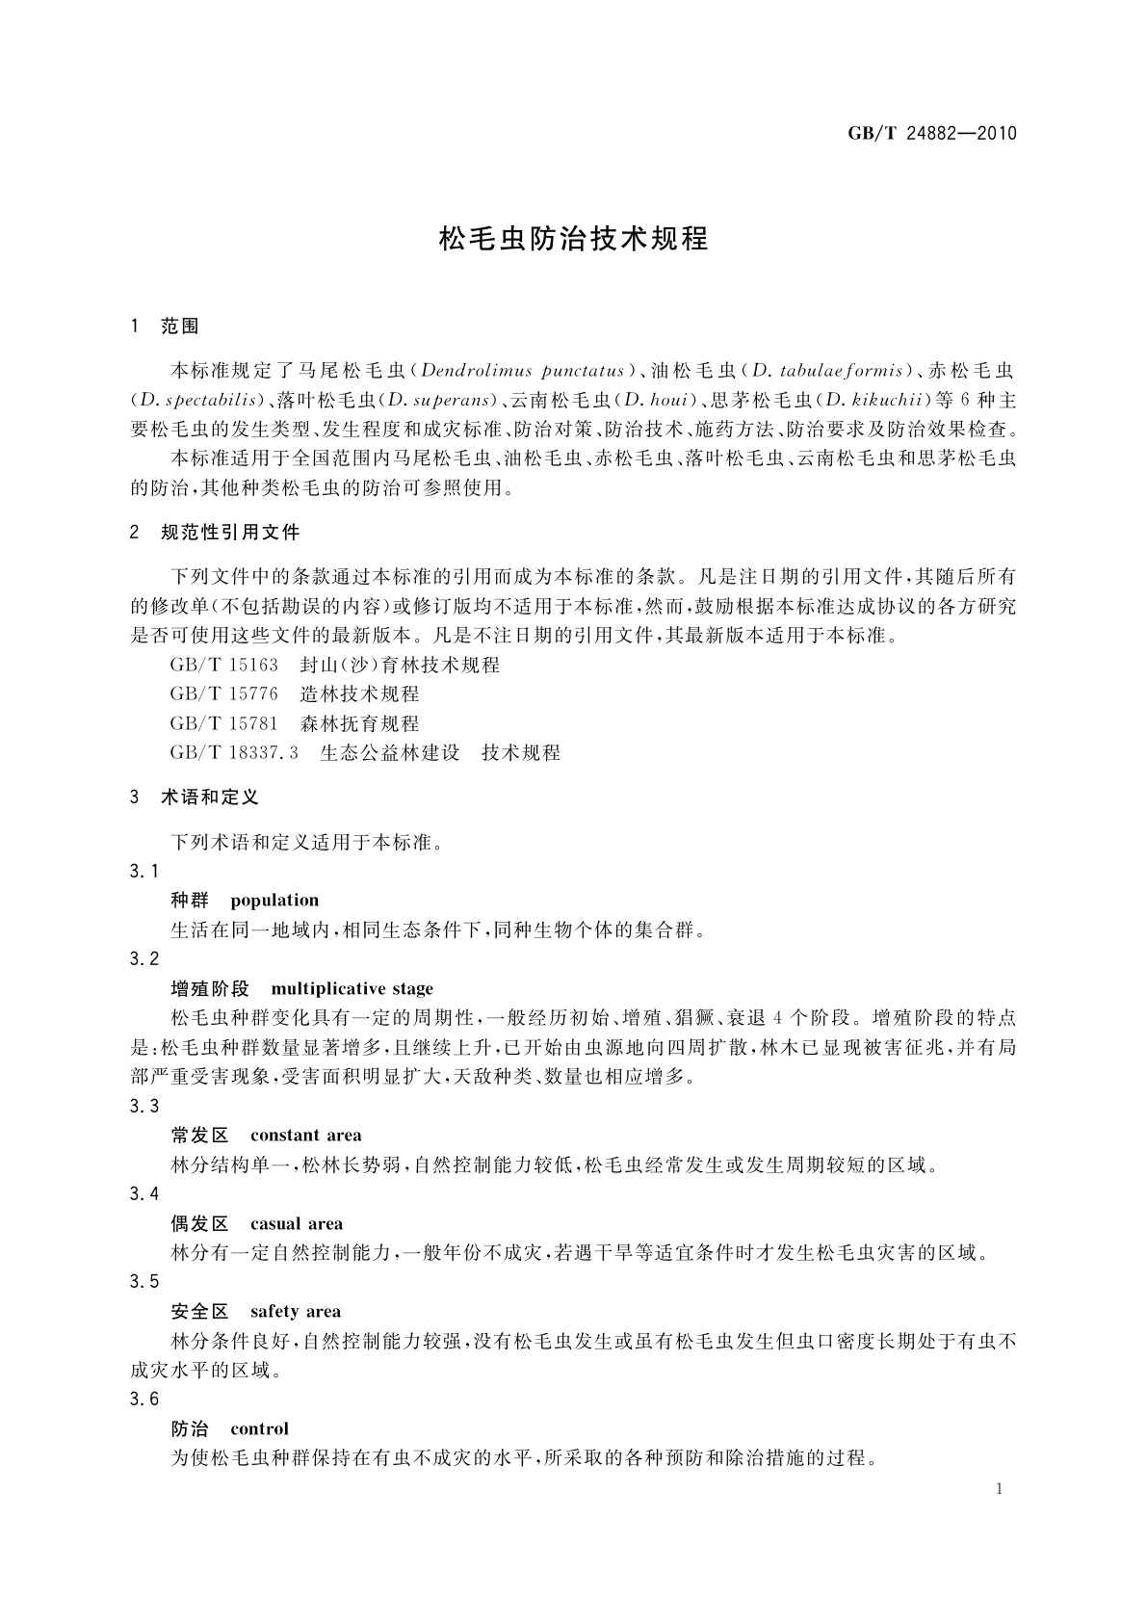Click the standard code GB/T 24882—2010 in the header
pyautogui.click(x=931, y=133)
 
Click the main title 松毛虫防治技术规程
pyautogui.click(x=573, y=239)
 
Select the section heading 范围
pyautogui.click(x=180, y=327)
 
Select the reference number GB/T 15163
pyautogui.click(x=223, y=665)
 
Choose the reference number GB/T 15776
pyautogui.click(x=223, y=693)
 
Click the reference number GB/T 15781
pyautogui.click(x=223, y=723)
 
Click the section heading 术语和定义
pyautogui.click(x=210, y=798)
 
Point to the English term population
pyautogui.click(x=274, y=901)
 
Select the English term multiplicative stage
pyautogui.click(x=352, y=989)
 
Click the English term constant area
pyautogui.click(x=305, y=1136)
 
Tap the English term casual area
pyautogui.click(x=296, y=1224)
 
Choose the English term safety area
pyautogui.click(x=295, y=1312)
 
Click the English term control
pyautogui.click(x=259, y=1429)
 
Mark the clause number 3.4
pyautogui.click(x=144, y=1194)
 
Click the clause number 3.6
pyautogui.click(x=144, y=1400)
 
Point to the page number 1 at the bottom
pyautogui.click(x=999, y=1489)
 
